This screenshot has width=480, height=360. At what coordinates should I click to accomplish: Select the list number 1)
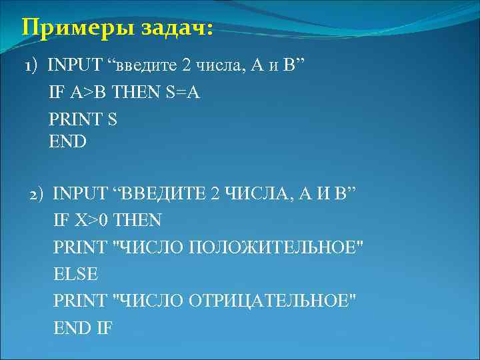(31, 67)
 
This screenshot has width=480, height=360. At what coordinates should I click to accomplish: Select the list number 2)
(36, 194)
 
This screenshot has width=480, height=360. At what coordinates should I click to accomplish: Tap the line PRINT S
(83, 119)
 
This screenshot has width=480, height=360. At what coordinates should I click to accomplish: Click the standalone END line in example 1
(68, 141)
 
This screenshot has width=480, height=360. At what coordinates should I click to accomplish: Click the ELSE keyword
(75, 273)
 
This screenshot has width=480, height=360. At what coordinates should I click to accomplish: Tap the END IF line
(83, 327)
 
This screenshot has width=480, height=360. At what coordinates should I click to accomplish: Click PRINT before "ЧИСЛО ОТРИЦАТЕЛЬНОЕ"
(80, 301)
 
